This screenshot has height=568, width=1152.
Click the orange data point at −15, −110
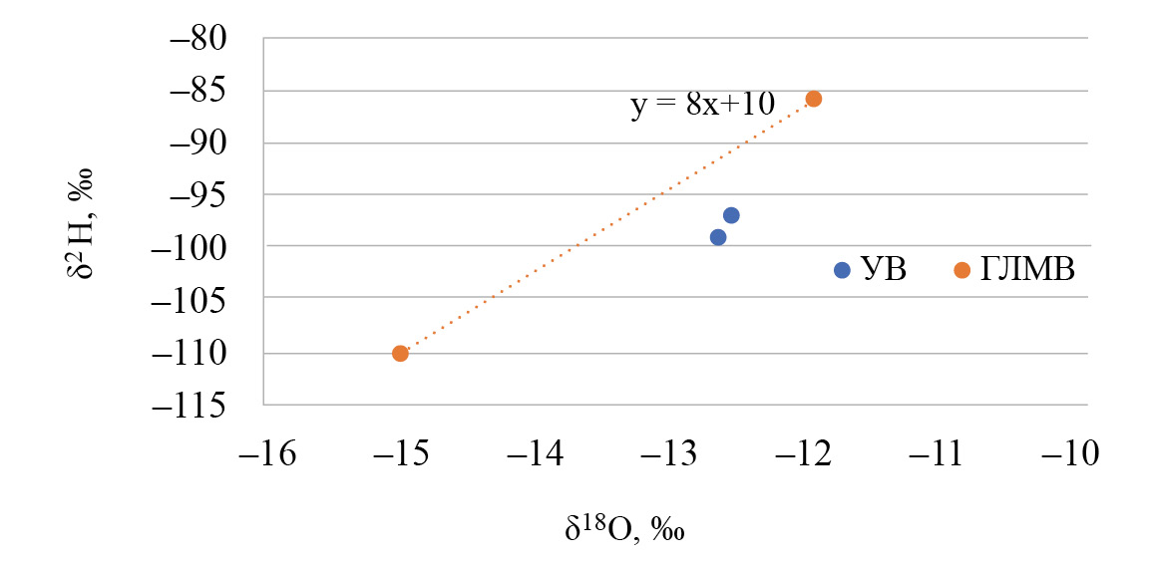(400, 353)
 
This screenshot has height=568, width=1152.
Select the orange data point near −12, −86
(814, 99)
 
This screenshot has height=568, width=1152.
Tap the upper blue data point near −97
(731, 215)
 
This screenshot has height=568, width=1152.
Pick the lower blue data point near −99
(718, 237)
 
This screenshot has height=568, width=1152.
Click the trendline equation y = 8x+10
(703, 105)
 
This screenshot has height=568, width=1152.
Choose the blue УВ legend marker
(842, 270)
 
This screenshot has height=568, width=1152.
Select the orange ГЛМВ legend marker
(961, 270)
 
